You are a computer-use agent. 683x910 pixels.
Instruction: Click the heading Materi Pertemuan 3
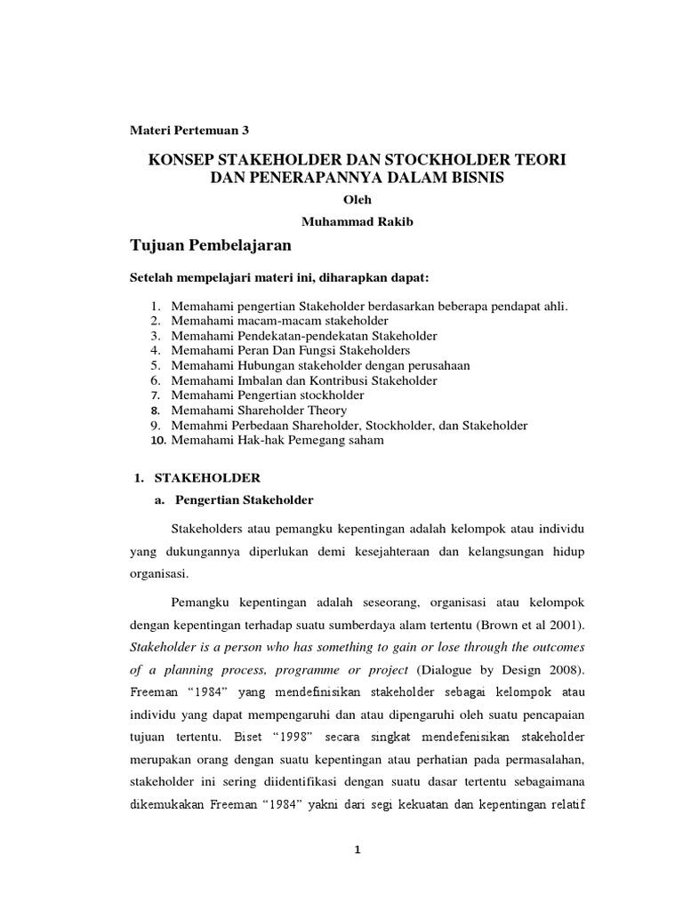tap(190, 130)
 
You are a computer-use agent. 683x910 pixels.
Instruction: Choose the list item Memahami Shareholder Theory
tap(259, 411)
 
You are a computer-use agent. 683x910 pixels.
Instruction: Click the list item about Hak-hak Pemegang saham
tap(277, 441)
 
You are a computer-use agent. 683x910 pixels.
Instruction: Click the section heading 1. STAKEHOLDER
tap(196, 478)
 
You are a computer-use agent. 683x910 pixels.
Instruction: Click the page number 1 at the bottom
tap(358, 850)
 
